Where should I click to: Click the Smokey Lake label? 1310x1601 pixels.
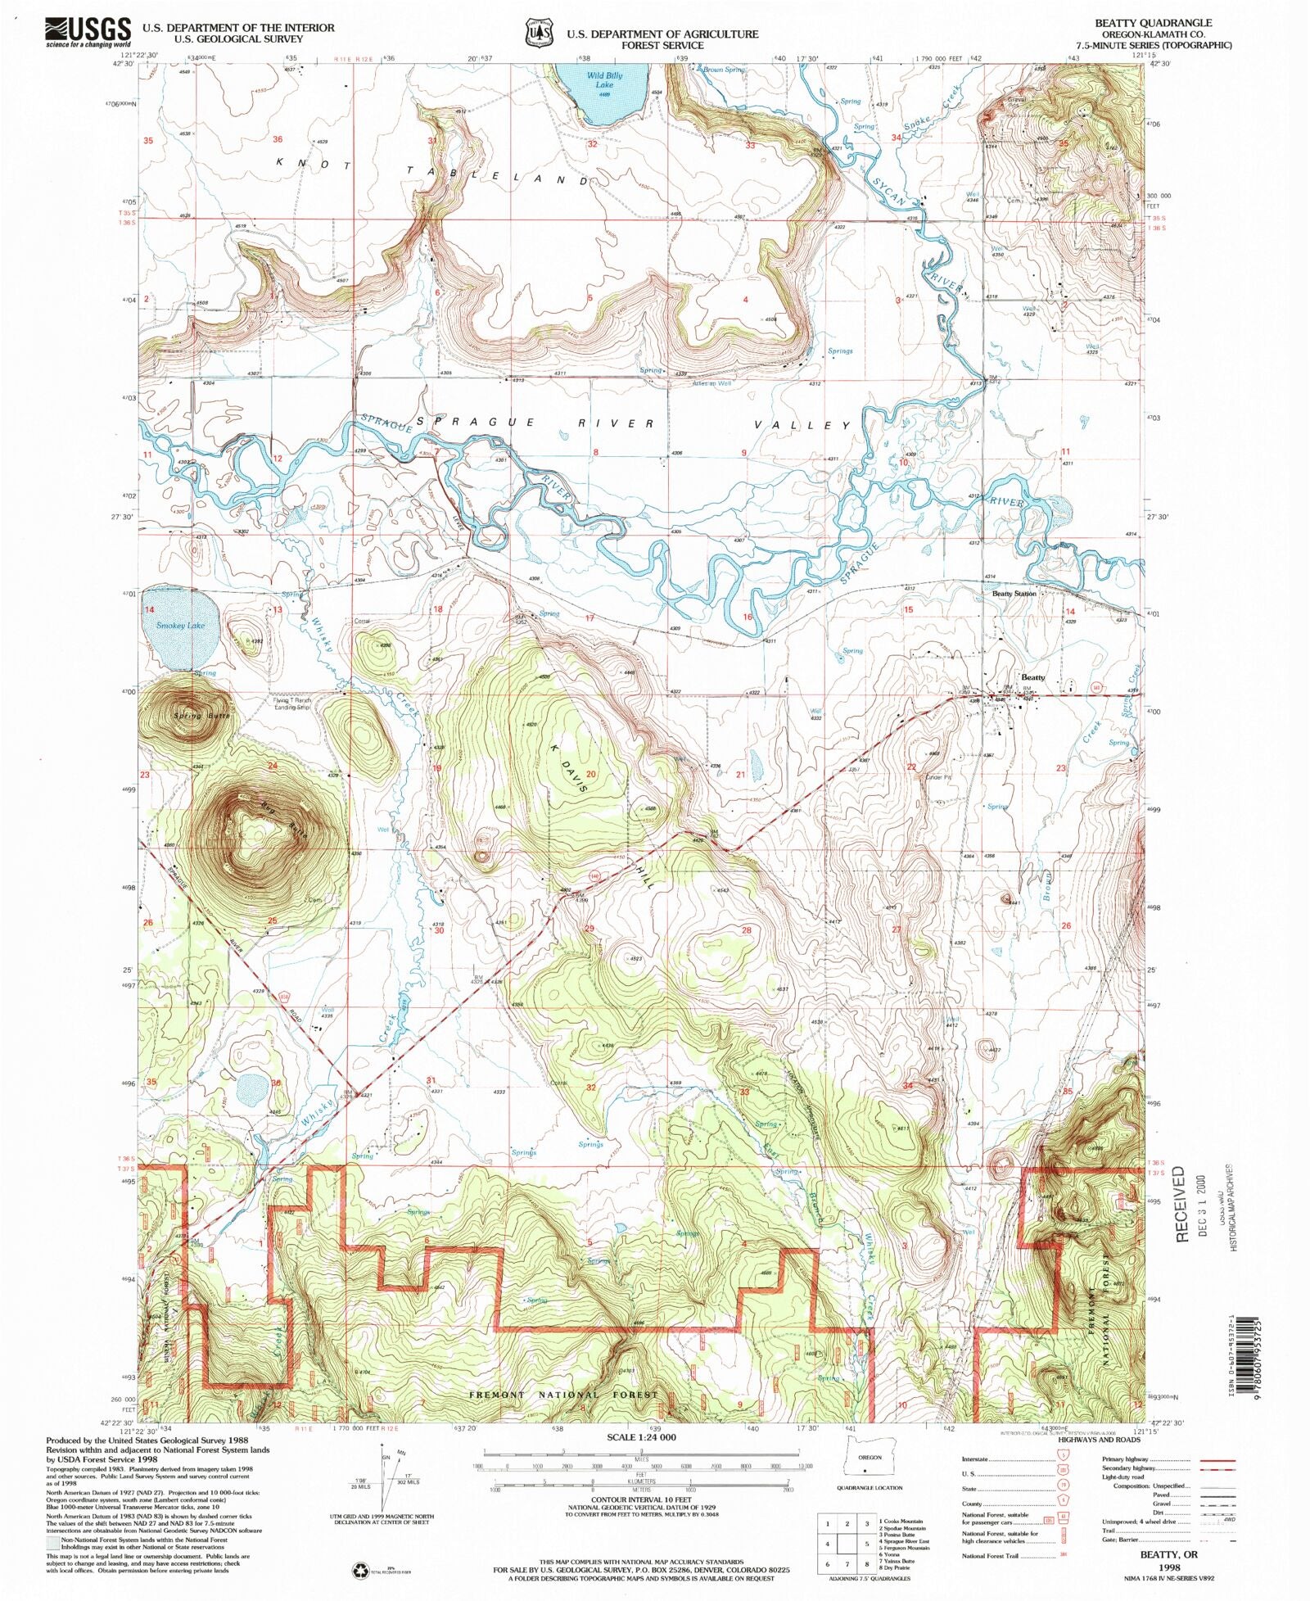181,625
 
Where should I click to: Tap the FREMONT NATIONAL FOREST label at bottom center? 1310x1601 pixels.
563,1394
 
